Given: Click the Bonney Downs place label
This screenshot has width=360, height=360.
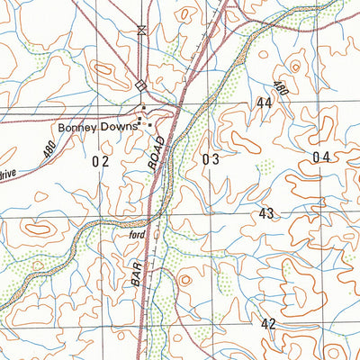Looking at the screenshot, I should (98, 127).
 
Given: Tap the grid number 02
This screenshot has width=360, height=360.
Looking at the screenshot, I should (100, 161).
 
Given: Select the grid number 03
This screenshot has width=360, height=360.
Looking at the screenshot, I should (211, 159).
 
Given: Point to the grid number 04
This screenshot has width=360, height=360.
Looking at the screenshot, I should (321, 157).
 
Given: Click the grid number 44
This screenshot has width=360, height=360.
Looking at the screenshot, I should (264, 103).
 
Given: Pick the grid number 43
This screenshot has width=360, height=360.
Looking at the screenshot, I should (266, 213).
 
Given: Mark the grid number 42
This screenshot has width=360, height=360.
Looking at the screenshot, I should (268, 323).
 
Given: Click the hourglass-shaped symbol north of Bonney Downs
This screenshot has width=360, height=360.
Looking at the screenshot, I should (139, 31).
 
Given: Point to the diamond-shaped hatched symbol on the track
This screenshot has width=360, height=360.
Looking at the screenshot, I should (139, 85).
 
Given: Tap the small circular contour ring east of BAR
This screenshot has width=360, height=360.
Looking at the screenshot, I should (184, 281).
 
